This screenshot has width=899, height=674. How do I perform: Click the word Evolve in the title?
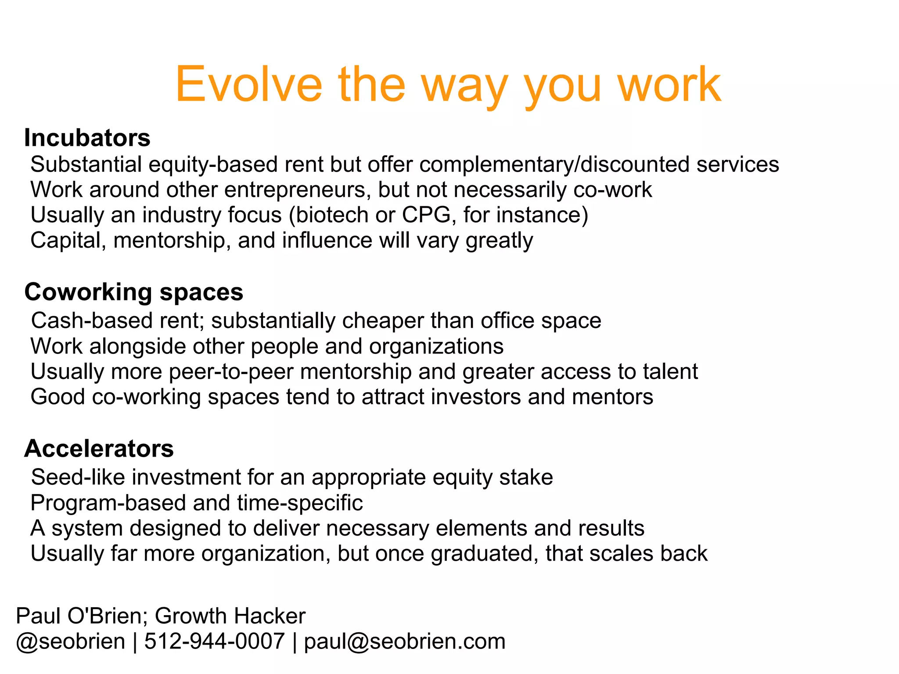pos(248,84)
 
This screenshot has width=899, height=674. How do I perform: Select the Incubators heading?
pos(87,138)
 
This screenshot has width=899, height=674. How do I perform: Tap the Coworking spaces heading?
pos(133,292)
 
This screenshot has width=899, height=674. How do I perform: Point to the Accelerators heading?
pos(99,449)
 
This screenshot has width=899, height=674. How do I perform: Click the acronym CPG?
pos(426,215)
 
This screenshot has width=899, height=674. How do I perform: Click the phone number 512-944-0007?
pos(214,641)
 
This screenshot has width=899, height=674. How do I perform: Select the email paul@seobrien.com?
pos(404,641)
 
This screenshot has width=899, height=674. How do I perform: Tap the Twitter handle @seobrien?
pos(70,641)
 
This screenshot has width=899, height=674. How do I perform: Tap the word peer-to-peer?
pos(230,371)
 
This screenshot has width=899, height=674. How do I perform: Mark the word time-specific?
pos(300,503)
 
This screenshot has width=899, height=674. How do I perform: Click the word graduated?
pos(484,554)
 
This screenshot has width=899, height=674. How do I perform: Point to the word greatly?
pos(499,241)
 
